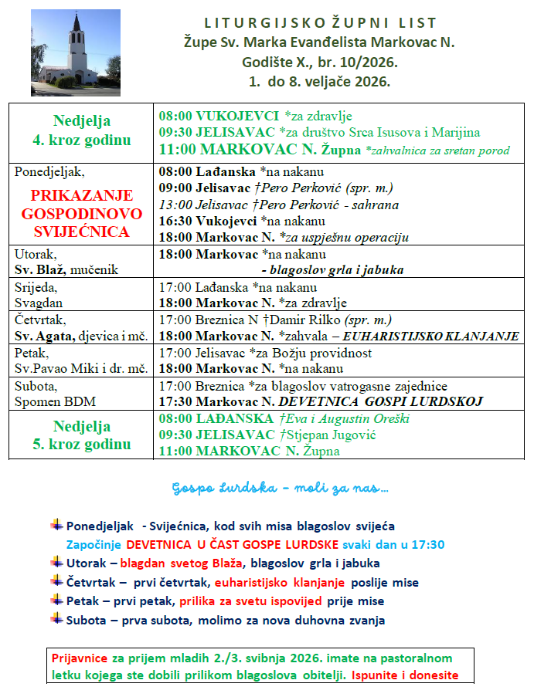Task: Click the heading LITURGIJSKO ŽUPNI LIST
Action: pyautogui.click(x=320, y=23)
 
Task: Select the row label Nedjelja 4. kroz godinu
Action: pyautogui.click(x=82, y=130)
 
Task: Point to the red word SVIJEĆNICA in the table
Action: pyautogui.click(x=82, y=231)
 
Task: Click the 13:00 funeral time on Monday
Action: pyautogui.click(x=174, y=205)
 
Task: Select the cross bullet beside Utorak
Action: pyautogui.click(x=56, y=562)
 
